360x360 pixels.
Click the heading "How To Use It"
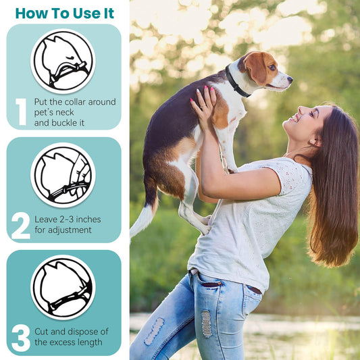[64, 14]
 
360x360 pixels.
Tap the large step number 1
[21, 111]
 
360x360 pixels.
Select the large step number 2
[21, 226]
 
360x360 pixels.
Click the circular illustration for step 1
[63, 61]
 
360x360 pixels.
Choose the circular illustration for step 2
[63, 175]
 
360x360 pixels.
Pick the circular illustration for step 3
[63, 287]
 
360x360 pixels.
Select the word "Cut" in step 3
[43, 331]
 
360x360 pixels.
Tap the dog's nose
[290, 78]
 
